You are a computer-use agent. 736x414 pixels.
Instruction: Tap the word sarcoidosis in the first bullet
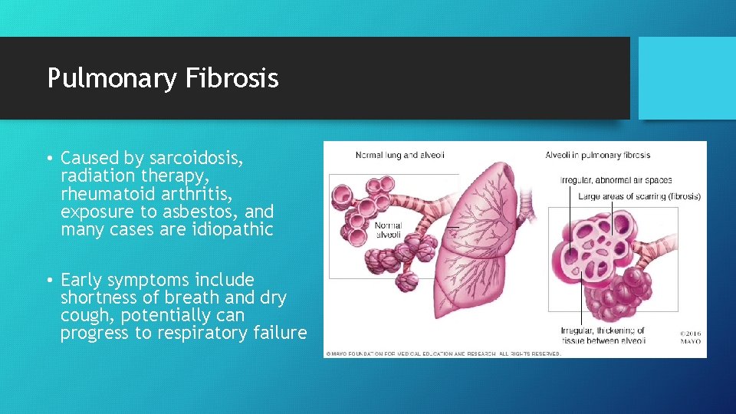click(x=195, y=158)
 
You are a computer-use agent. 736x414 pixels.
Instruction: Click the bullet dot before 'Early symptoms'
click(x=48, y=281)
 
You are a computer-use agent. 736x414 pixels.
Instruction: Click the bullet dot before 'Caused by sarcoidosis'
click(x=48, y=159)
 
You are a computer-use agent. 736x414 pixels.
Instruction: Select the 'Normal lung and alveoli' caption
click(x=399, y=155)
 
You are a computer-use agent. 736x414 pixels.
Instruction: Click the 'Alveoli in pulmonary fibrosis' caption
click(x=598, y=155)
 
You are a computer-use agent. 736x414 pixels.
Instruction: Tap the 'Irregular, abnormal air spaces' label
click(x=616, y=180)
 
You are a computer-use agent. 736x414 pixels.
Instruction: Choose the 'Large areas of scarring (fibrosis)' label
click(x=639, y=196)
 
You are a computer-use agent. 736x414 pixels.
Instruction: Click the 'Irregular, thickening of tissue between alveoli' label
click(x=603, y=336)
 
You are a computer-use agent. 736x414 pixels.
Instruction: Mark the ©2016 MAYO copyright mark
click(x=690, y=337)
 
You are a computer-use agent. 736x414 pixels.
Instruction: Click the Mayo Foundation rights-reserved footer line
click(x=443, y=353)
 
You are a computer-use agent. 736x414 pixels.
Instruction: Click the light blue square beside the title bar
click(x=687, y=77)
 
